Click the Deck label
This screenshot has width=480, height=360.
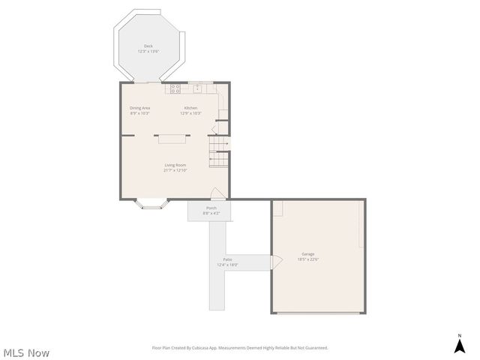coord(148,46)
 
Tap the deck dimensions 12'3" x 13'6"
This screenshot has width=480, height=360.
coord(148,51)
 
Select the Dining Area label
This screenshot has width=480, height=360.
coord(139,108)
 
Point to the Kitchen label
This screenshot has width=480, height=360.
coord(191,108)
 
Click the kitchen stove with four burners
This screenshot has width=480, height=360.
coord(175,88)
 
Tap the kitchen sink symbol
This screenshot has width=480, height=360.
coord(197,88)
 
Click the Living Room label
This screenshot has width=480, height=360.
coord(175,165)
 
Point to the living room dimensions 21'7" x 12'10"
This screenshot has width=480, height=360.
coord(175,170)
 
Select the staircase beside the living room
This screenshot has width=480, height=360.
coord(219,153)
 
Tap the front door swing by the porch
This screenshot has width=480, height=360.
coord(215,193)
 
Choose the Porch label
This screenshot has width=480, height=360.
coord(211,208)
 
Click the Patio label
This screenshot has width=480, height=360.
coord(227,259)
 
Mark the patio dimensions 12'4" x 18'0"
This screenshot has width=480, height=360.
coord(227,265)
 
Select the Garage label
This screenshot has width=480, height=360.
coord(308,253)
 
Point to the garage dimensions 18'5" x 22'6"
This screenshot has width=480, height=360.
coord(308,259)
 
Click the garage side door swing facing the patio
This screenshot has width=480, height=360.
coord(275,261)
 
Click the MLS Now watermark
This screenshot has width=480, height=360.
coord(27,352)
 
